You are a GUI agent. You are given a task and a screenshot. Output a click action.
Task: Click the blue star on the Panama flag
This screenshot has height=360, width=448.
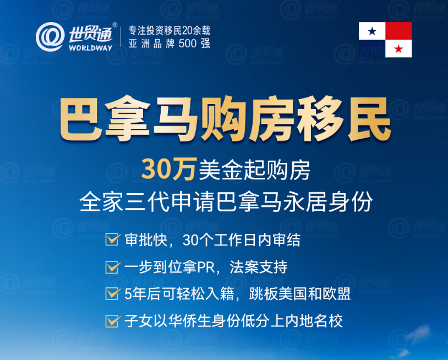point(372,31)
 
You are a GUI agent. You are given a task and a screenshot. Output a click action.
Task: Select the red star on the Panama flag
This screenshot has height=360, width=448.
point(398,49)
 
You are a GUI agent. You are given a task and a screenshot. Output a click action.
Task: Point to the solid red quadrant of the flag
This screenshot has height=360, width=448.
point(398,31)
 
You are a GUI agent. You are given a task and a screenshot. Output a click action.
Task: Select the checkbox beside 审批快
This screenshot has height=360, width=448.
point(112,241)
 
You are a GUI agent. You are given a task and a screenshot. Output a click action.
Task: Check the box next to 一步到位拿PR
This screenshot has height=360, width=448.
point(112,268)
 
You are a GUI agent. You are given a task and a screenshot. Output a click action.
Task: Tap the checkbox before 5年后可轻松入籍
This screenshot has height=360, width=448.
point(112,294)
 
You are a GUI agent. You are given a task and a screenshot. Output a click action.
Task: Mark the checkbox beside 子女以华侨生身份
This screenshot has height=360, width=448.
point(112,321)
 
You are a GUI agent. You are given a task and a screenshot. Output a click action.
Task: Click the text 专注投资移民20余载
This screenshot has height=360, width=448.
point(169,30)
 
